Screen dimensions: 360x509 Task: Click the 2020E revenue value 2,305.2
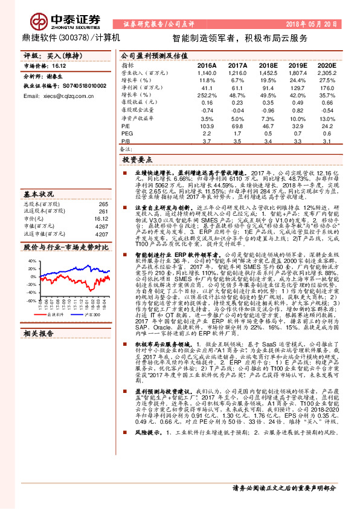326,72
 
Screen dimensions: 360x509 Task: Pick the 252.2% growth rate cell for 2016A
207,96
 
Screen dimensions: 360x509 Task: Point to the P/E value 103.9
207,126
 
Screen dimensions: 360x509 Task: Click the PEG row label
127,134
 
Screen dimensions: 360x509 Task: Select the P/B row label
126,141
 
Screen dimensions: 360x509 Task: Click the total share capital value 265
103,204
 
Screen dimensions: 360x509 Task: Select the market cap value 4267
101,226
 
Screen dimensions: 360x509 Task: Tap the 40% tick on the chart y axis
30,261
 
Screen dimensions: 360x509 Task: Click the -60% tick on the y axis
30,300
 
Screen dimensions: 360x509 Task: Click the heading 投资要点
138,160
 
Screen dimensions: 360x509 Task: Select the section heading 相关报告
39,333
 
